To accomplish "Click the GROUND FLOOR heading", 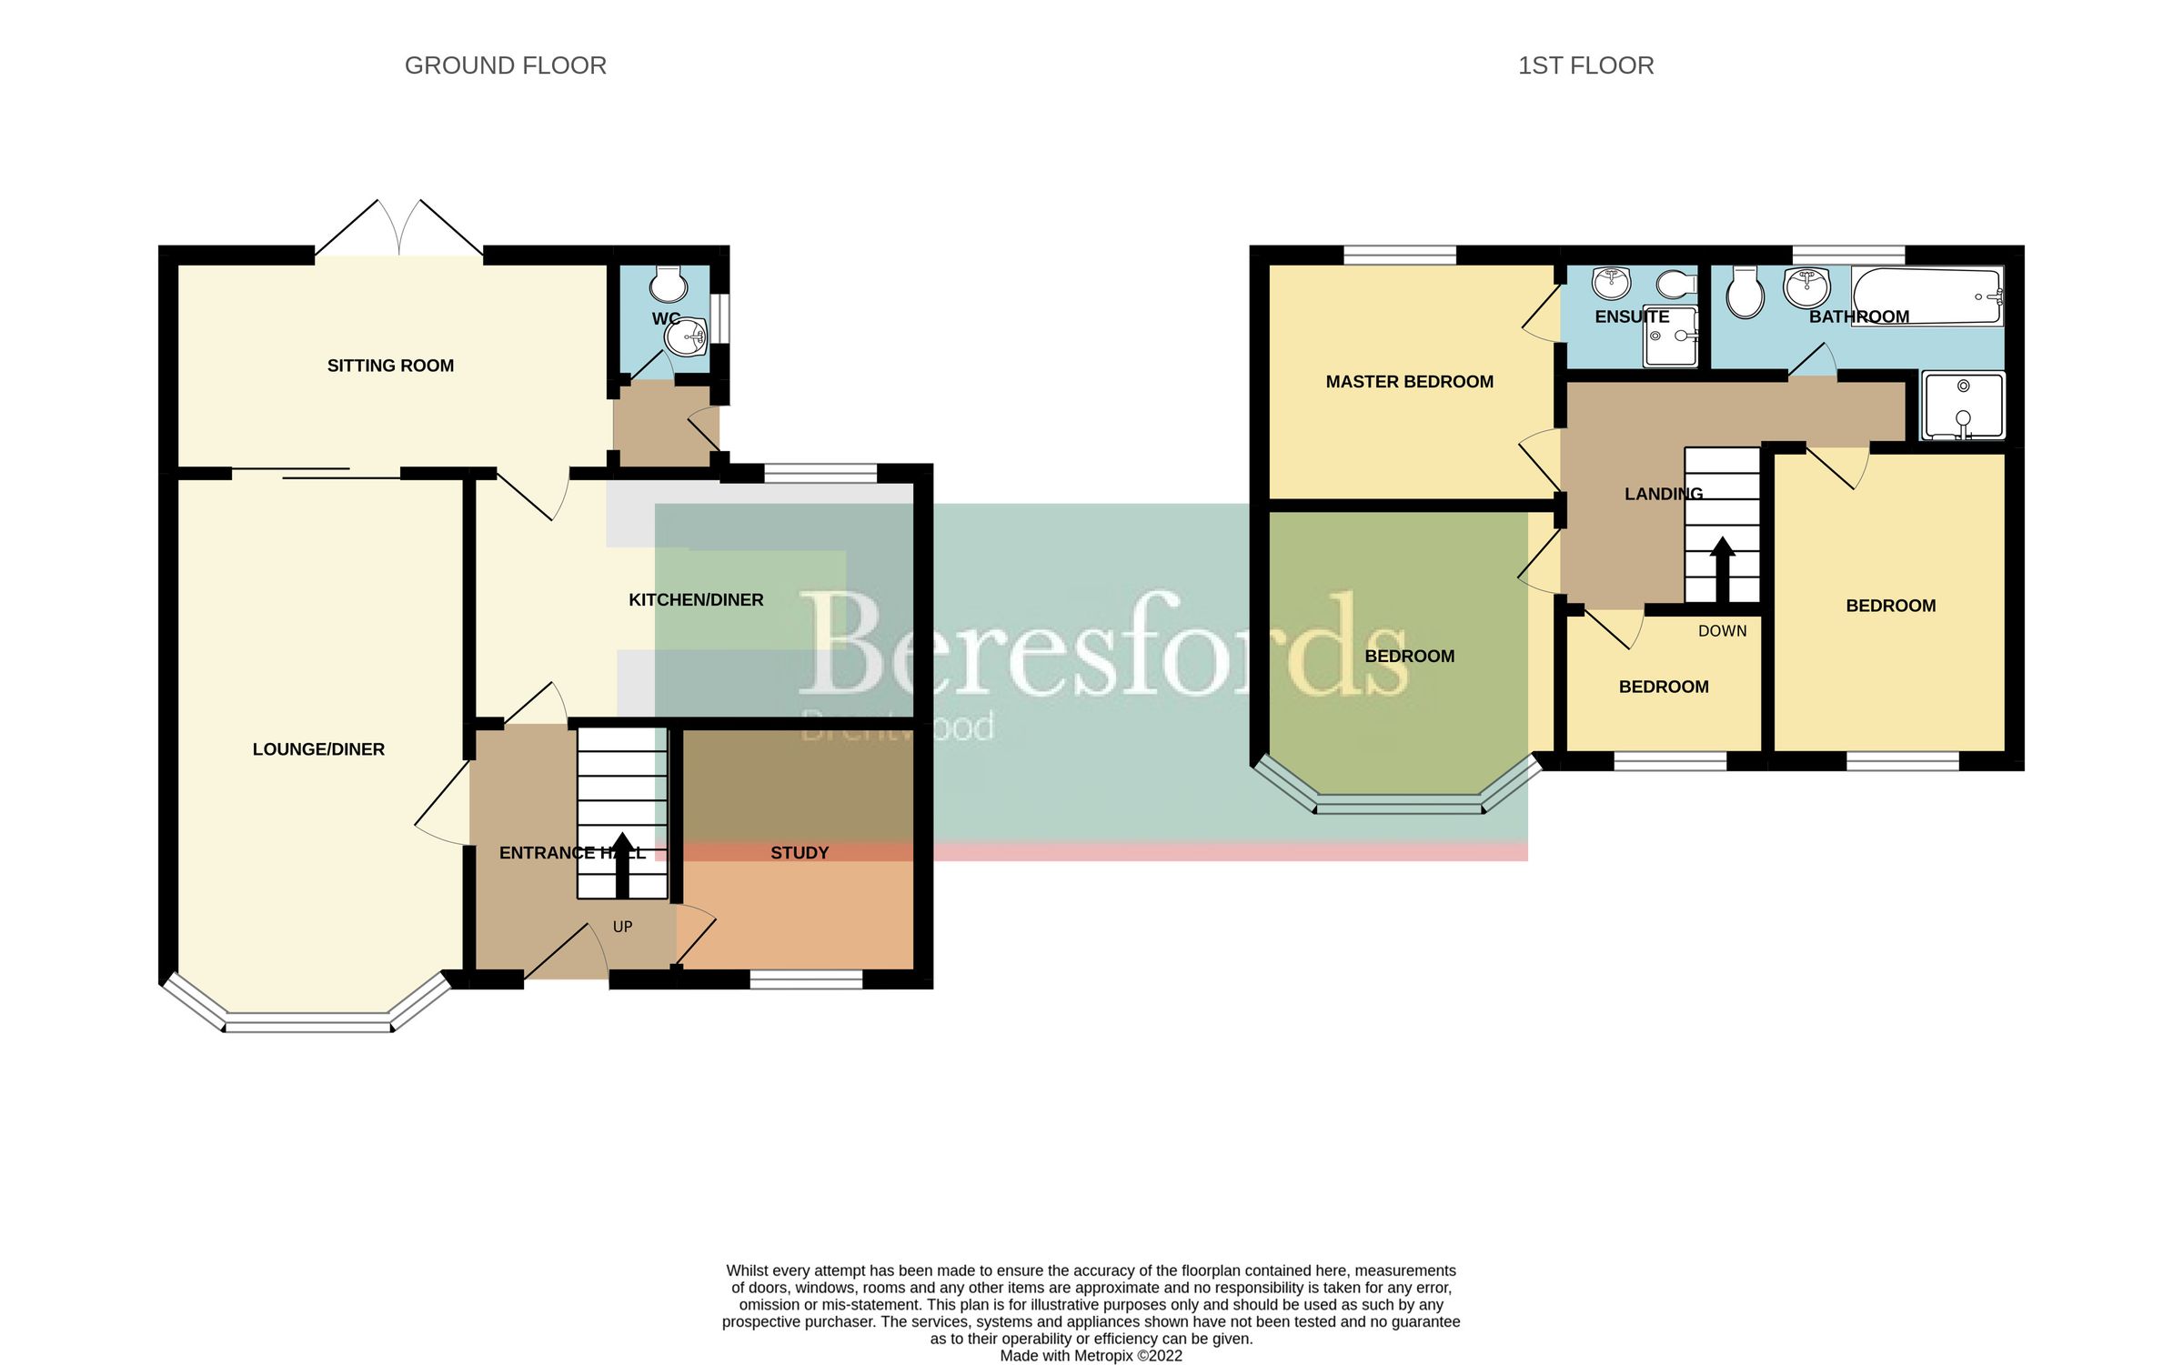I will [505, 65].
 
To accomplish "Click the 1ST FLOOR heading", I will [1585, 65].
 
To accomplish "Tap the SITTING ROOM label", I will [390, 366].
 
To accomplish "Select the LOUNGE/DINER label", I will [318, 749].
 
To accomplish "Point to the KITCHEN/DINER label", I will [696, 599].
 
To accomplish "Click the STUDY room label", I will [800, 853].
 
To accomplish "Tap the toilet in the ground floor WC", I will [669, 285].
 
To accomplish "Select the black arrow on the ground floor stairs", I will [622, 865].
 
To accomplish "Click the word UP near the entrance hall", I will [622, 927].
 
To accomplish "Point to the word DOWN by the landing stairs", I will [1722, 631].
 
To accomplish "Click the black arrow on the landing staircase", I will [1722, 569].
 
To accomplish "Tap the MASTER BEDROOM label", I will [1409, 382].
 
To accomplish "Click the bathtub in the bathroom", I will [1927, 296].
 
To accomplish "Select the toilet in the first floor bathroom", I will [1745, 293].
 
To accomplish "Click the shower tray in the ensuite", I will [1670, 336].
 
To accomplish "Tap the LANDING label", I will [1663, 494].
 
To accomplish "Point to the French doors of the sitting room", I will [398, 227].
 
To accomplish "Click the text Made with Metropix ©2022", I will [1091, 1356].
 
